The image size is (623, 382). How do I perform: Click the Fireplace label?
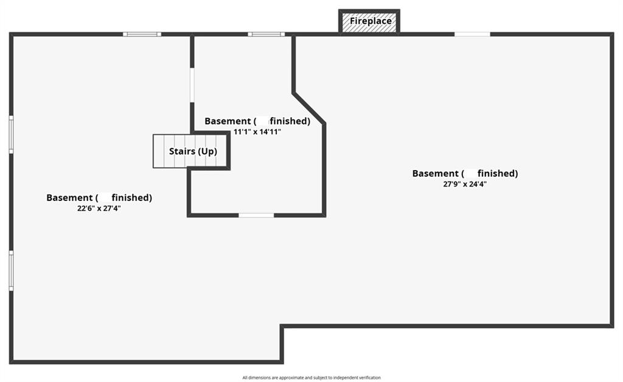coord(370,21)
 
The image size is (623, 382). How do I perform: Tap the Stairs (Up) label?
coord(192,151)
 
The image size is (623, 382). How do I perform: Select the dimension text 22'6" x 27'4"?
coord(99,208)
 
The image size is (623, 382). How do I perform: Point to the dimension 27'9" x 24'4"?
coord(465,183)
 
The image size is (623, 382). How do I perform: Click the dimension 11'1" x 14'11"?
coord(257,131)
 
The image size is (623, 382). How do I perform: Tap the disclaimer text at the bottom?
coord(311,378)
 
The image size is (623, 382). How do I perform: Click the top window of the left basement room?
coord(142,34)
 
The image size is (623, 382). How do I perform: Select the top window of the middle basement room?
coord(266,34)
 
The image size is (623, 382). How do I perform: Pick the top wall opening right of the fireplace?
coord(472,34)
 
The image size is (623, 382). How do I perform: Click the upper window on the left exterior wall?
coord(11,135)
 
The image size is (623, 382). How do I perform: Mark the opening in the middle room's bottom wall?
coord(256,215)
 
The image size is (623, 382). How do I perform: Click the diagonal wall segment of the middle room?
coord(308,108)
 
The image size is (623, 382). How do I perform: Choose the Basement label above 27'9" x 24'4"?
coord(465,174)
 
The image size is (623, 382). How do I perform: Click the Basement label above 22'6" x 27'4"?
coord(99,197)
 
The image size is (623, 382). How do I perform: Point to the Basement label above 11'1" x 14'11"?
coord(257,121)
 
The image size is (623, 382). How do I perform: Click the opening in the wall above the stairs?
coord(192,85)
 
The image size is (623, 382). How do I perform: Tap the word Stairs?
coord(181,151)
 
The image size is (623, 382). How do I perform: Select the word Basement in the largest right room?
coord(435,174)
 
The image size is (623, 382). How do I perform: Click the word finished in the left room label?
coord(130,197)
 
